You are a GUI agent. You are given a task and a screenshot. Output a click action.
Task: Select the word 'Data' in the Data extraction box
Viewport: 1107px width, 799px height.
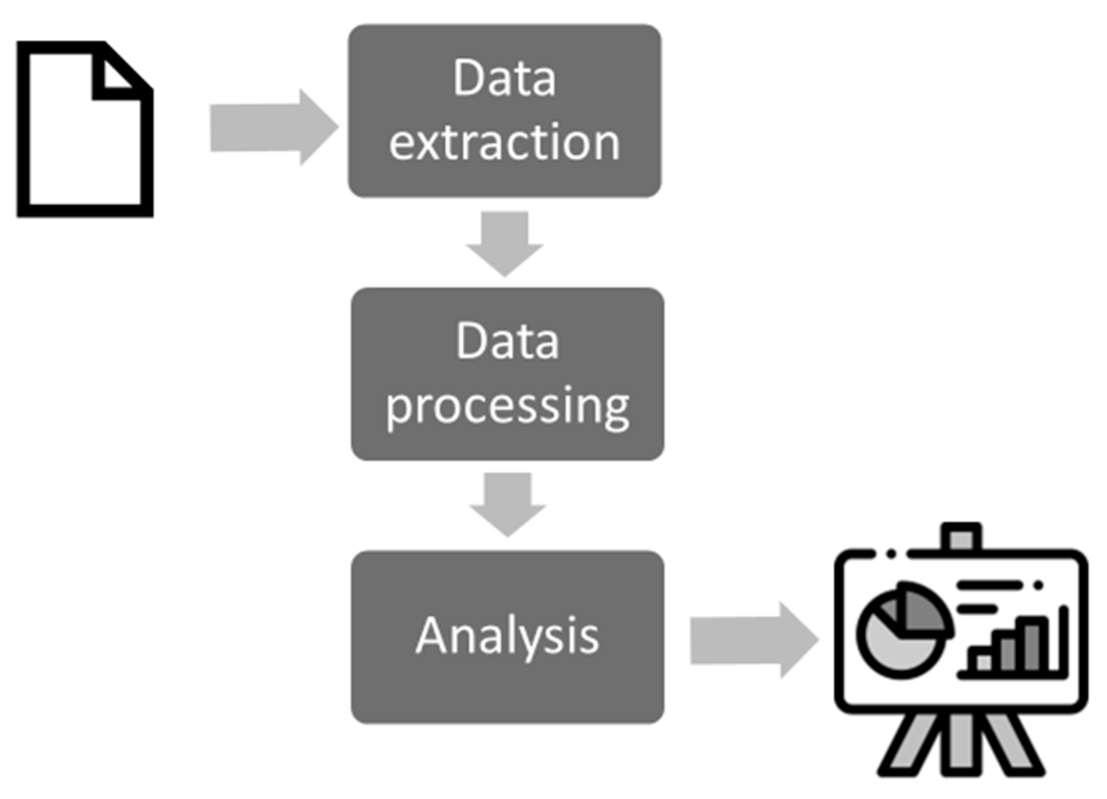[x=504, y=78]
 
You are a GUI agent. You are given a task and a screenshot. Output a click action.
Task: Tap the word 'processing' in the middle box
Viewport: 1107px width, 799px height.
[x=507, y=406]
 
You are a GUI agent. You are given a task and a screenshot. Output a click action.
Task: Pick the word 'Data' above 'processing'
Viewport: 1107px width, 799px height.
[x=507, y=342]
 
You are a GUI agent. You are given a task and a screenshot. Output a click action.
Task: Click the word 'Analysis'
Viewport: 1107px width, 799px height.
[x=507, y=636]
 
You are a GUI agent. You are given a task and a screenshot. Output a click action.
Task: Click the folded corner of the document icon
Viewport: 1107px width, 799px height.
[x=116, y=77]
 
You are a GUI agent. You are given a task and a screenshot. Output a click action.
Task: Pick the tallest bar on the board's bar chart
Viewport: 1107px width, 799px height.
[x=1032, y=644]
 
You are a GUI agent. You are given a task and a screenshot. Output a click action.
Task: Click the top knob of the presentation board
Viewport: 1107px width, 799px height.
[x=961, y=536]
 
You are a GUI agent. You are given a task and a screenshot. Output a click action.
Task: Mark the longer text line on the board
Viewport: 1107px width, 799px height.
[x=989, y=584]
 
